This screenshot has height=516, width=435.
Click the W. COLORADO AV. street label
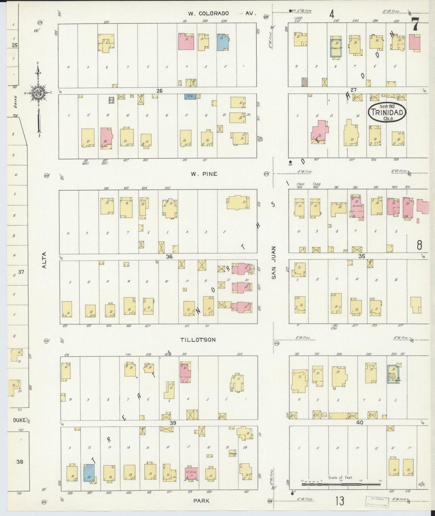[x=222, y=13]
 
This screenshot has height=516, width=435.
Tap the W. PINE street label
[x=204, y=174]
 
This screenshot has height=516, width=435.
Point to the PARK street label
[x=201, y=501]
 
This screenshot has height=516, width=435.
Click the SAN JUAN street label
[x=274, y=263]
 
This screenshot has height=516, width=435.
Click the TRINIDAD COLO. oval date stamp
[x=387, y=112]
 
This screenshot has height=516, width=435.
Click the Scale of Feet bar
[x=341, y=484]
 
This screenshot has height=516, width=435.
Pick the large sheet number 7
[x=415, y=24]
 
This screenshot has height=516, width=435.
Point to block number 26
[x=159, y=90]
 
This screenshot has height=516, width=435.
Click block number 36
[x=169, y=256]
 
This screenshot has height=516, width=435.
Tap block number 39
[x=172, y=423]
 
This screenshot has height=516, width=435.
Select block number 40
[x=359, y=422]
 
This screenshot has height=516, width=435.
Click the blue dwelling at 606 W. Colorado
[x=223, y=42]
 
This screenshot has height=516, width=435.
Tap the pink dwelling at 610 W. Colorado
[x=186, y=42]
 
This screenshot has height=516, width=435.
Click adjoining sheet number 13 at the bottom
[x=340, y=501]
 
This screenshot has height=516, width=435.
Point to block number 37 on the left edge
[x=21, y=272]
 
